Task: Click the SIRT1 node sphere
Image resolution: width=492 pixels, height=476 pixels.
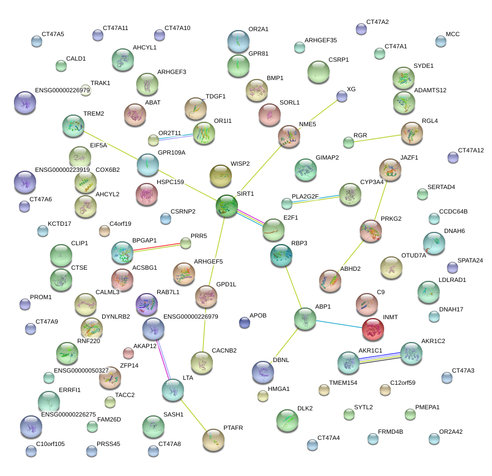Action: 227,206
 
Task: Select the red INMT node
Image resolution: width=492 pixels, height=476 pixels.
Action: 373,329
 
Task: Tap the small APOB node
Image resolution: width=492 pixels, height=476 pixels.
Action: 244,323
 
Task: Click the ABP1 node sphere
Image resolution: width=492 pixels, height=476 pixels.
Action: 305,319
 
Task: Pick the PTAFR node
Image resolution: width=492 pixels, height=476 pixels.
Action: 214,439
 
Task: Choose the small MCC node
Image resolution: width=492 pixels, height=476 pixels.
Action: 440,42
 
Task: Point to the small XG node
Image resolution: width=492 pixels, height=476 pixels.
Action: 342,97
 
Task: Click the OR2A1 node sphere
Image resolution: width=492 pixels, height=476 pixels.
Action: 238,41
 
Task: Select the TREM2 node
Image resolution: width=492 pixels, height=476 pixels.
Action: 73,126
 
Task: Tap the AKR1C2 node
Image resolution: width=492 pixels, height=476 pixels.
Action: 411,353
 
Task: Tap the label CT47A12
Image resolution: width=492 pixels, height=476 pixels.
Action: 471,151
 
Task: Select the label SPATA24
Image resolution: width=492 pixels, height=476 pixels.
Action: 470,260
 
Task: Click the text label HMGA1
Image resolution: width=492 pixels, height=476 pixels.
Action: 279,389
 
